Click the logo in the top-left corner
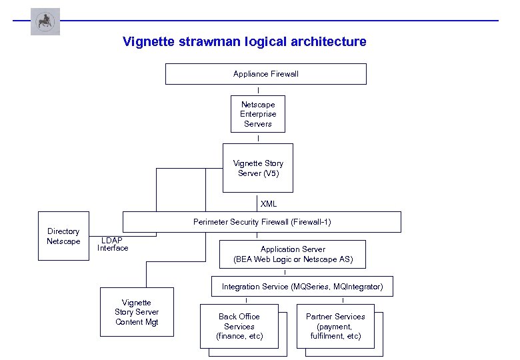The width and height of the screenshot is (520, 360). click(x=45, y=21)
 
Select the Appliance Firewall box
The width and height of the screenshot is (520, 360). click(x=265, y=74)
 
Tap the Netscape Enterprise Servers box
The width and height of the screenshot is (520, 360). click(x=258, y=114)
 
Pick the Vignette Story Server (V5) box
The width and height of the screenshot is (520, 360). click(x=258, y=168)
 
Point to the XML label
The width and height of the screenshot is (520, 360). click(x=269, y=204)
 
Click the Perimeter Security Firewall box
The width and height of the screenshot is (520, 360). click(x=261, y=222)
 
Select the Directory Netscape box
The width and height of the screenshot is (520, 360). click(x=63, y=236)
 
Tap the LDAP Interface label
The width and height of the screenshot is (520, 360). click(x=113, y=245)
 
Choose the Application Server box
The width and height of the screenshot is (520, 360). click(x=293, y=254)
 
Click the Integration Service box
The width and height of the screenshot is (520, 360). click(x=302, y=287)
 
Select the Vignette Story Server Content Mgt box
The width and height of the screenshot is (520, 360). click(x=137, y=312)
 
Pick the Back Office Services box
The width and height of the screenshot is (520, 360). click(x=239, y=326)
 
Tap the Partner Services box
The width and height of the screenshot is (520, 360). click(x=335, y=326)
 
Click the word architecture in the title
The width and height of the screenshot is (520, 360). click(x=328, y=42)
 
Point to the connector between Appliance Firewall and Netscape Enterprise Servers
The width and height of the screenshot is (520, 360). click(x=258, y=90)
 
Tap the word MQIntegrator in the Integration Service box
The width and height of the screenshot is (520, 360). click(x=359, y=287)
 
